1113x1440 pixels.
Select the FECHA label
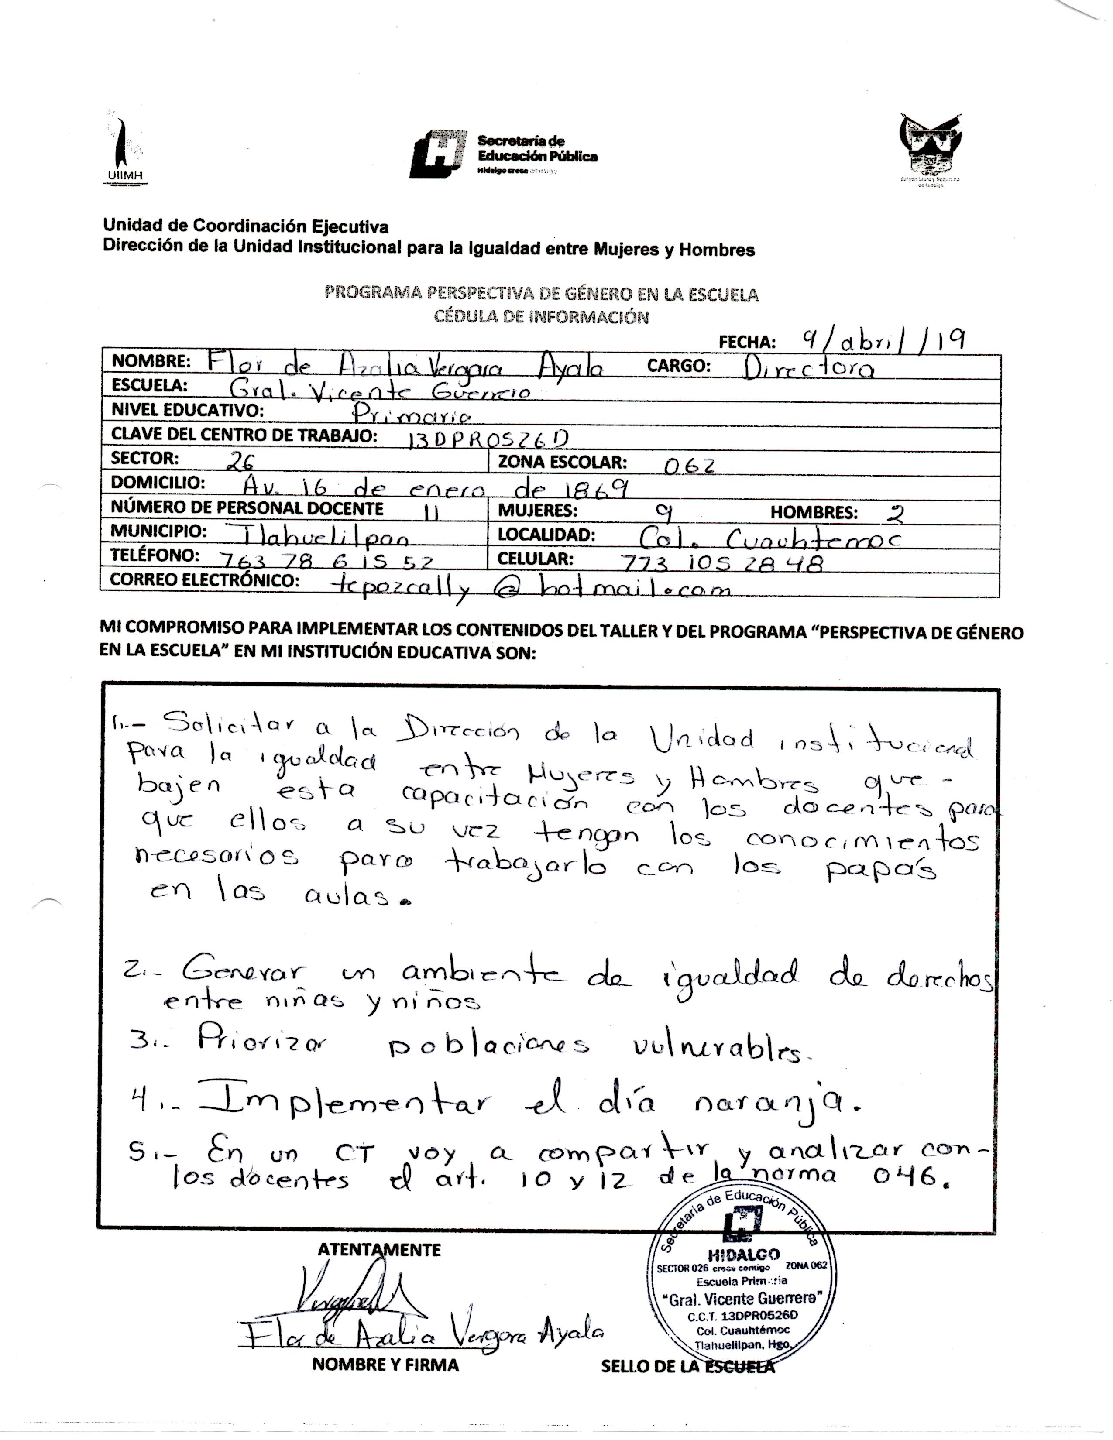746,342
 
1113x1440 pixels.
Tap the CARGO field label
678,366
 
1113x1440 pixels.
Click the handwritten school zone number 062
689,466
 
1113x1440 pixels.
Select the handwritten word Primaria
412,414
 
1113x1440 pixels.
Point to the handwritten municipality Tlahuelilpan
316,536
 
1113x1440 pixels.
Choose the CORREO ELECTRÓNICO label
204,580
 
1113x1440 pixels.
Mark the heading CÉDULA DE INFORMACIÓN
541,317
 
